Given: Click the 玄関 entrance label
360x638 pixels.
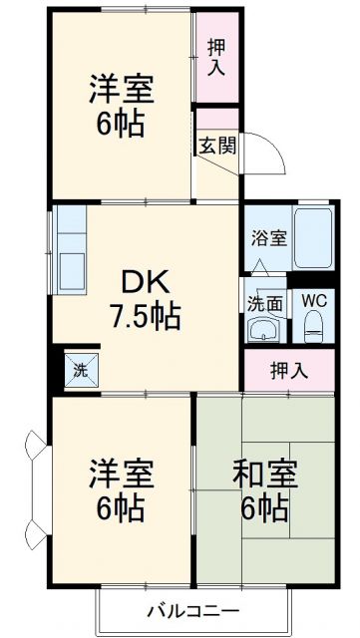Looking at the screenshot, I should [x=216, y=145].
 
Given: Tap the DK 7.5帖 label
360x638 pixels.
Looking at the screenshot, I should [x=145, y=299].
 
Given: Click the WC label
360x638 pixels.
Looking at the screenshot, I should [x=313, y=299].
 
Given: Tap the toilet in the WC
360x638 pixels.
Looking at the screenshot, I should [x=313, y=325].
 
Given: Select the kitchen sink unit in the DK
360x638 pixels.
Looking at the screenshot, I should [x=73, y=253].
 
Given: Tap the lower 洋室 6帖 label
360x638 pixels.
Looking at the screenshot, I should [x=120, y=489].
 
